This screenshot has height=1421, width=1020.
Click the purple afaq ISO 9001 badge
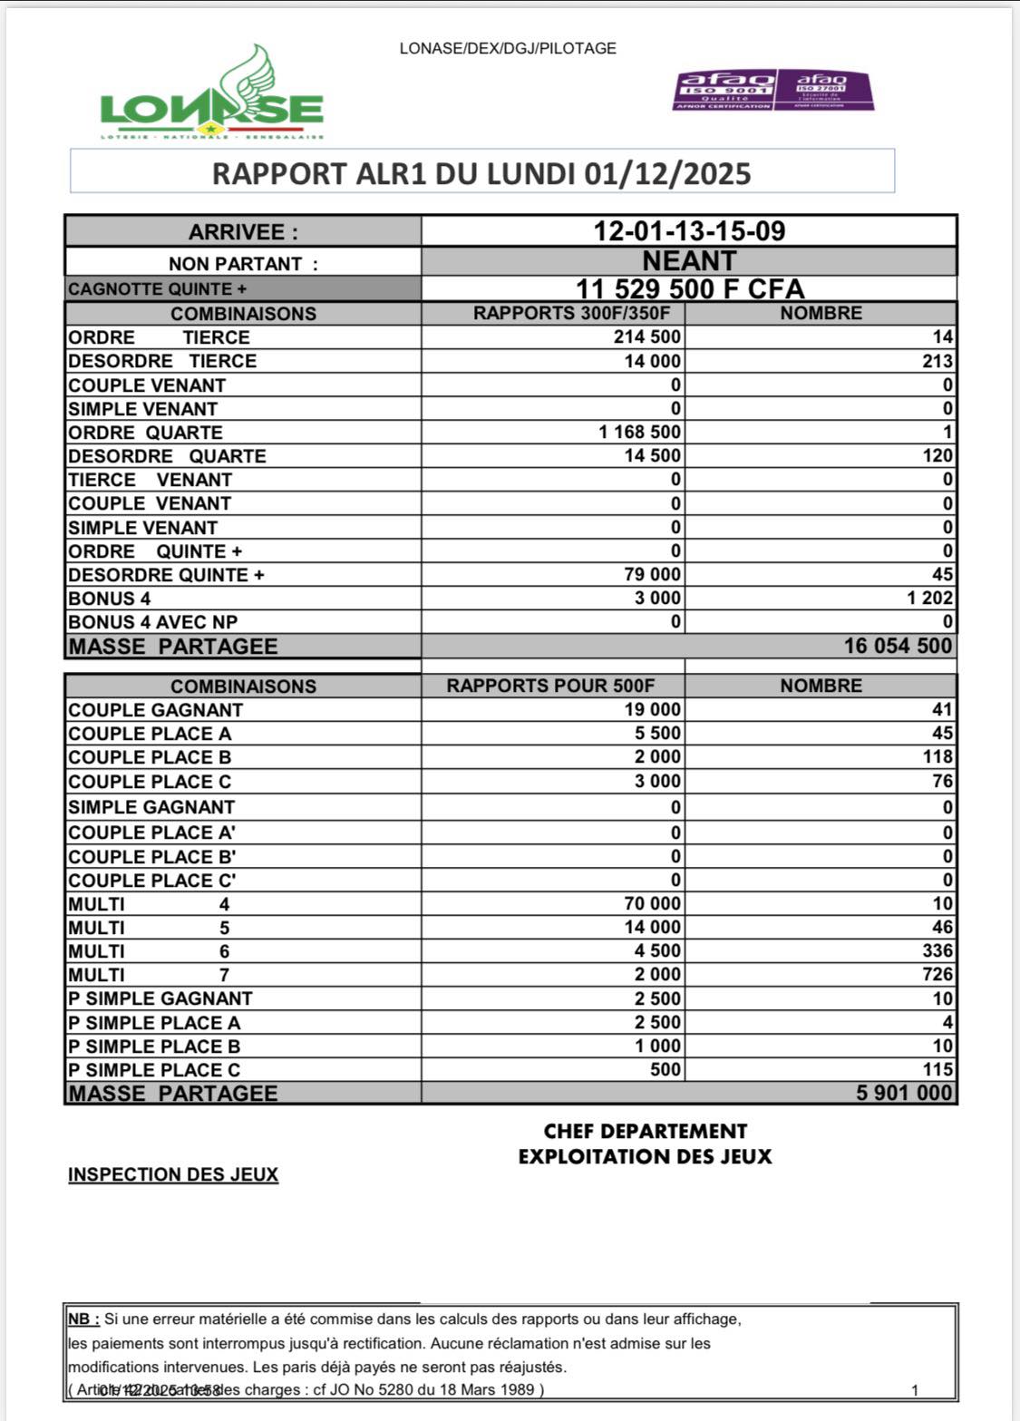click(x=724, y=91)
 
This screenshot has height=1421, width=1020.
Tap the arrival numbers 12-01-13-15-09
click(x=689, y=230)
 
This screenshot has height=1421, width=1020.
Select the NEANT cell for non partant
click(x=689, y=261)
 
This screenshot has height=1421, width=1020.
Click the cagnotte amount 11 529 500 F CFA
click(x=690, y=289)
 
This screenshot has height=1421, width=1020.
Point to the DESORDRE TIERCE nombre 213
click(x=937, y=361)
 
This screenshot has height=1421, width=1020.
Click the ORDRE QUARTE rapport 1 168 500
click(x=640, y=432)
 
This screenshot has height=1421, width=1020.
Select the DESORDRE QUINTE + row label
click(x=166, y=575)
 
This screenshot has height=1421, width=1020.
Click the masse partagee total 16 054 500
click(x=898, y=646)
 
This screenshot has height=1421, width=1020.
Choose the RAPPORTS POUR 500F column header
click(x=550, y=686)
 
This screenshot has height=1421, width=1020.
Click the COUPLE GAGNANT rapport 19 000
click(x=652, y=710)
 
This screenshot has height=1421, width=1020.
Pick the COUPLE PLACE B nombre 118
click(x=937, y=757)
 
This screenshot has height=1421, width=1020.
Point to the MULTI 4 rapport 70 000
click(x=652, y=904)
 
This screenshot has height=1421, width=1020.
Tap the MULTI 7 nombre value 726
click(x=937, y=975)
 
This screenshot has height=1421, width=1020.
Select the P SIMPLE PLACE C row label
click(x=154, y=1070)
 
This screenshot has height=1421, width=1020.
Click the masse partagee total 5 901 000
click(x=904, y=1093)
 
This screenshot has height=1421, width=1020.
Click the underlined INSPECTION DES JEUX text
click(x=173, y=1174)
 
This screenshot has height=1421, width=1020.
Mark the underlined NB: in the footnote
click(x=83, y=1319)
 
